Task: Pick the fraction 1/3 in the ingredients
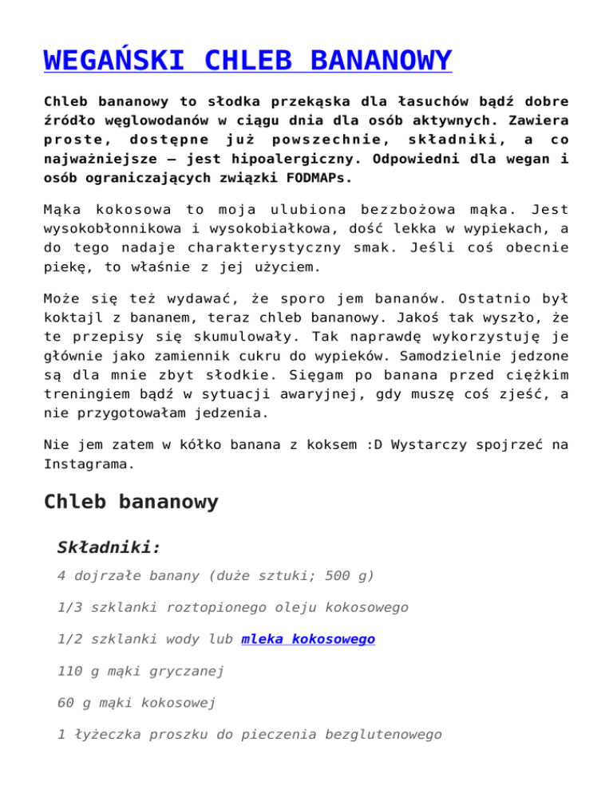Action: [x=71, y=607]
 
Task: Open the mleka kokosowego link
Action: [x=308, y=639]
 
